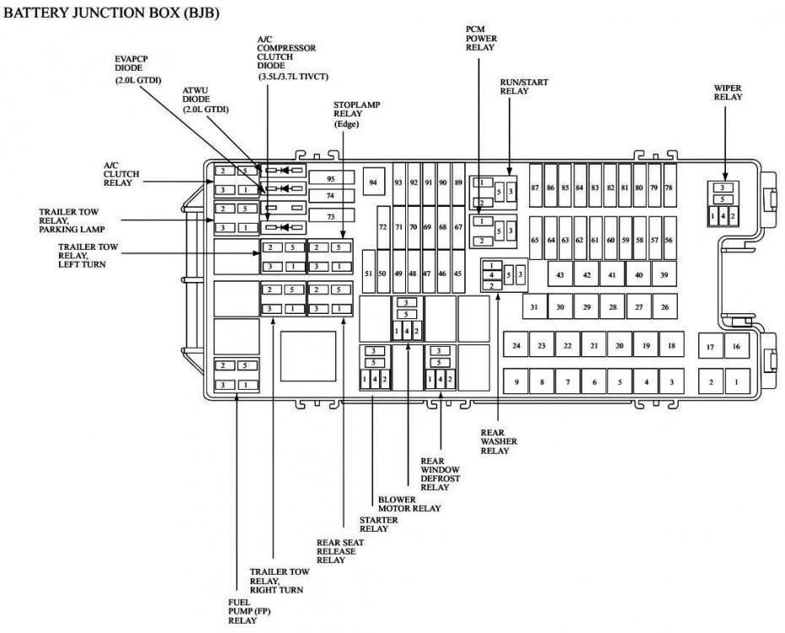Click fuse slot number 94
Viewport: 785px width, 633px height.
tap(373, 182)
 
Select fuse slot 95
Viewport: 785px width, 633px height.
tap(332, 178)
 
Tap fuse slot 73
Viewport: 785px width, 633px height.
tap(332, 216)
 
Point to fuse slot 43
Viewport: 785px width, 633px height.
tap(560, 274)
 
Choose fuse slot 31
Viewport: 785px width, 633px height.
tap(534, 306)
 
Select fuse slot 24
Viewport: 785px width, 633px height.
tap(516, 344)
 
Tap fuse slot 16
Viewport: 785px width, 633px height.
tap(736, 346)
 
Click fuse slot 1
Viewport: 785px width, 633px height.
tap(736, 381)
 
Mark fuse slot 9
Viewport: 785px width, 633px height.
tap(516, 381)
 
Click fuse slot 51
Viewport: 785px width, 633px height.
tap(369, 273)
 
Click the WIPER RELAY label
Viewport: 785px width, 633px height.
tap(728, 92)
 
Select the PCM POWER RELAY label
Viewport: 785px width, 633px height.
tap(481, 39)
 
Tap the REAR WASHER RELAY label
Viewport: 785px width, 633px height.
tap(499, 441)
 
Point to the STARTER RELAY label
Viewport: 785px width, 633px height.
tap(378, 524)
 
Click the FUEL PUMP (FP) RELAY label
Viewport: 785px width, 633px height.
tap(249, 611)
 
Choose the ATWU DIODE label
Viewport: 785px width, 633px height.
tap(205, 100)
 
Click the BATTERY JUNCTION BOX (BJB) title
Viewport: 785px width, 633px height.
tap(111, 13)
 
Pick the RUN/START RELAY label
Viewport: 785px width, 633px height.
tap(523, 86)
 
